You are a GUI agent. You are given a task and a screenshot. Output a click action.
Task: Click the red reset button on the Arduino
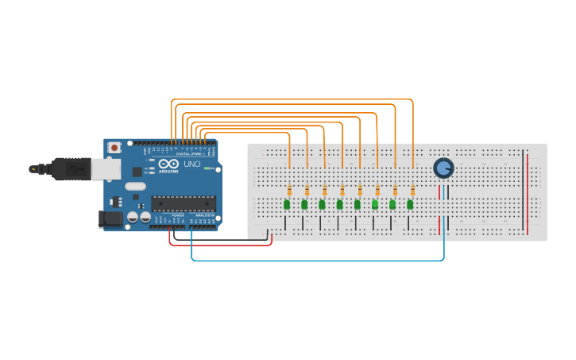[x=114, y=147]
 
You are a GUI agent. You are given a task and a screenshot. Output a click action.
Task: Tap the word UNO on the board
[x=191, y=164]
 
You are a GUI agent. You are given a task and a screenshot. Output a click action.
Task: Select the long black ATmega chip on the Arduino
[x=183, y=204]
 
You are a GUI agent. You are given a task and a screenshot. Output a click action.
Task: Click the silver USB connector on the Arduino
[x=106, y=168]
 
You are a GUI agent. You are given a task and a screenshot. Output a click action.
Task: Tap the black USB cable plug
[x=71, y=168]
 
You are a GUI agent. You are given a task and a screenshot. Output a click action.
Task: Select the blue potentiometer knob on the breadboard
[x=443, y=168]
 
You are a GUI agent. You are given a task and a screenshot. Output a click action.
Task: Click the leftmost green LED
[x=287, y=205]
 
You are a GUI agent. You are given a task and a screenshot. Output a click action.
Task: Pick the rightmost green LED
[x=410, y=205]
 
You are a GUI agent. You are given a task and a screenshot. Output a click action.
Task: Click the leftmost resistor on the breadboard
[x=289, y=190]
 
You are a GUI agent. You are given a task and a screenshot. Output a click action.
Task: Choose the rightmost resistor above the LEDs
[x=413, y=190]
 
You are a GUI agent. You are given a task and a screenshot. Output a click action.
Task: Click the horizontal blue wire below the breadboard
[x=318, y=260]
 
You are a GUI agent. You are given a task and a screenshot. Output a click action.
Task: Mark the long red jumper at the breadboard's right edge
[x=528, y=191]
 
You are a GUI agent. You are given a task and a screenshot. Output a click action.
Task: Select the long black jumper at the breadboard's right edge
[x=523, y=191]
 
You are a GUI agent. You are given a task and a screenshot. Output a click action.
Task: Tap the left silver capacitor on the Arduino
[x=133, y=216]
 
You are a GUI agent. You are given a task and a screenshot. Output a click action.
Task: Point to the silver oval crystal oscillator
[x=135, y=187]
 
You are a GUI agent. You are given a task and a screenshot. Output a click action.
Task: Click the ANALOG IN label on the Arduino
[x=203, y=215]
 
